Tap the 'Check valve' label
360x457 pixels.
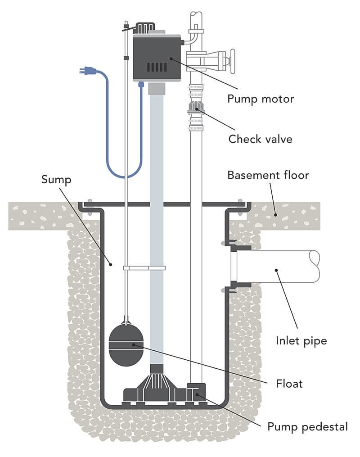coord(260,139)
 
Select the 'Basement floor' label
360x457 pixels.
coord(268,175)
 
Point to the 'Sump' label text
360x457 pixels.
coord(56,179)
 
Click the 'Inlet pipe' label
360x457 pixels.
coord(301,340)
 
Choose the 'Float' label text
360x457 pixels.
coord(289,384)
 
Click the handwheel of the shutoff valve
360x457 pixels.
coord(232,61)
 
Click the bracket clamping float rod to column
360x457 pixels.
coord(144,268)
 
